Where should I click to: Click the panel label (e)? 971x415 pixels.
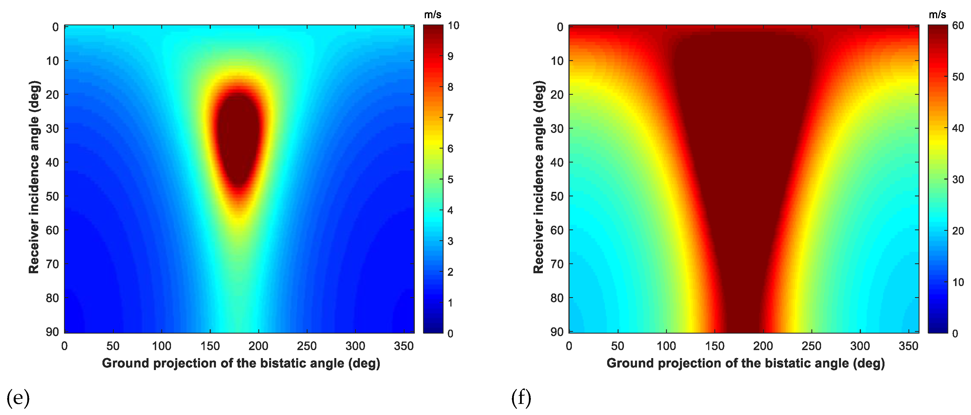[x=18, y=398]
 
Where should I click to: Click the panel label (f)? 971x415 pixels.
[x=521, y=398]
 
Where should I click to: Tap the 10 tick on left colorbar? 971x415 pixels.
[x=453, y=26]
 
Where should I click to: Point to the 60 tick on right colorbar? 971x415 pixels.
[x=958, y=26]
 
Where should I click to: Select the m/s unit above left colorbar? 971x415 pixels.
[x=432, y=15]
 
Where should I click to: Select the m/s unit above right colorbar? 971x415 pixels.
[x=937, y=15]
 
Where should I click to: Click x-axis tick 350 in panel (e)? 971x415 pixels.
[x=404, y=346]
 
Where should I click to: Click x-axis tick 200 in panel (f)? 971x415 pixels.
[x=763, y=346]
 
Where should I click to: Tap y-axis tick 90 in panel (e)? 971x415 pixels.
[x=52, y=332]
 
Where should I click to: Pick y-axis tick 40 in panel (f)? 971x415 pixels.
[x=557, y=163]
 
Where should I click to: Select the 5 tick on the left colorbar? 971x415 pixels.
[x=450, y=180]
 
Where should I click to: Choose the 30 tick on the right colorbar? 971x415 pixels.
[x=958, y=180]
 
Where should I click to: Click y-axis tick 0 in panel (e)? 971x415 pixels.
[x=55, y=27]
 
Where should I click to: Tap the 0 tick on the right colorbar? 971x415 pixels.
[x=955, y=334]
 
